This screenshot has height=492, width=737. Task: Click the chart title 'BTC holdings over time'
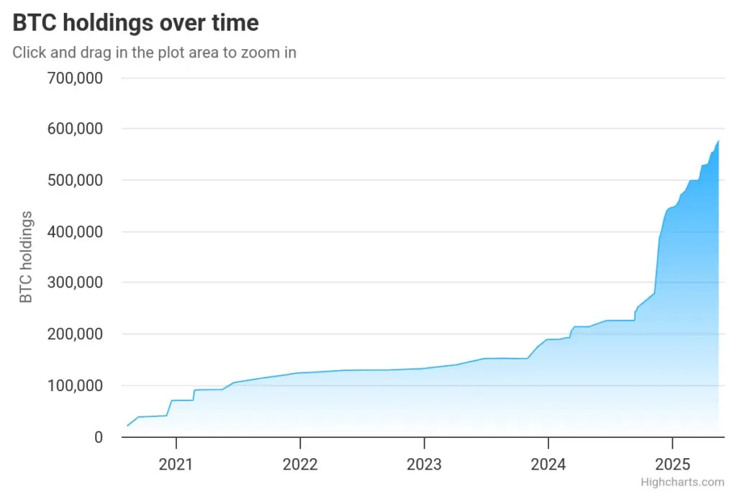135,23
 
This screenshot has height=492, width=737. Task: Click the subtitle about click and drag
154,53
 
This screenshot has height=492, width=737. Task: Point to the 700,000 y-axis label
75,77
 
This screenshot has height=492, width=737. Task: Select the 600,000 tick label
75,129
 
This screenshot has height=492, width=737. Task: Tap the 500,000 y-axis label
75,180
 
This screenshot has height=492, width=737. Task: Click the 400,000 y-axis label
75,232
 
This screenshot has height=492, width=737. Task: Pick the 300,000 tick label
75,283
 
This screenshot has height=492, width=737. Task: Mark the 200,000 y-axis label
75,334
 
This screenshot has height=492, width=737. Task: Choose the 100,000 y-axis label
75,386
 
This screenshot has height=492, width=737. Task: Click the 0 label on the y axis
99,437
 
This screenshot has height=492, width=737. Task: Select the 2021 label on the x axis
176,464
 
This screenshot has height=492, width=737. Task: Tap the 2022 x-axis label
300,464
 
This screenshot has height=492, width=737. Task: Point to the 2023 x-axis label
424,464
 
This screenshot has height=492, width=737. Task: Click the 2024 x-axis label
548,464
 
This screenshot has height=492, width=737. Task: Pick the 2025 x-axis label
672,464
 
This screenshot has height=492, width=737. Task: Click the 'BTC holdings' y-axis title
26,257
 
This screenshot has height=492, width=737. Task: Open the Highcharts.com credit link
682,482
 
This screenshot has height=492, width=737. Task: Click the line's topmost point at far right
718,141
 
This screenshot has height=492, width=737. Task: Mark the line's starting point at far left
127,426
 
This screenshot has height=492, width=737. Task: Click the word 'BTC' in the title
35,23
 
